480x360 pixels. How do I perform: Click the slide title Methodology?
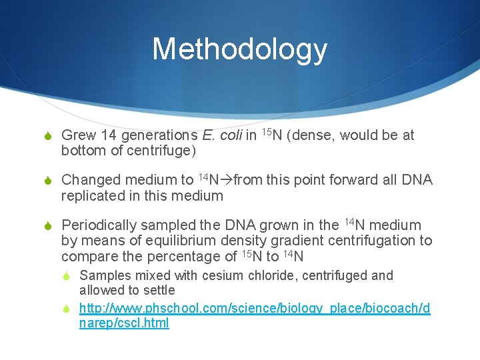[x=239, y=49]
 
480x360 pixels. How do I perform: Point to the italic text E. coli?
[x=221, y=135]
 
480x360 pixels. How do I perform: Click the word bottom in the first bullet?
[x=82, y=151]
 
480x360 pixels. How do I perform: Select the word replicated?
[x=93, y=196]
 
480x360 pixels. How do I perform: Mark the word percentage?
[x=181, y=257]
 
